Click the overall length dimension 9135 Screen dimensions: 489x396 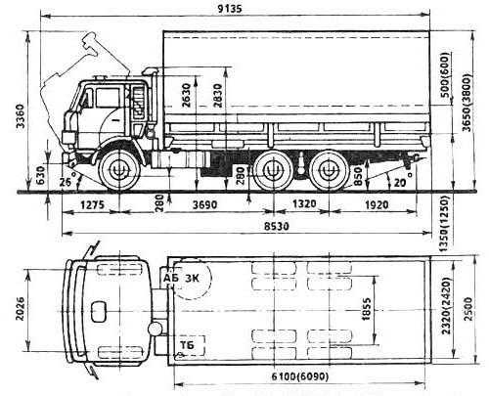(x=230, y=8)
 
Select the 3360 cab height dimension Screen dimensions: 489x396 (x=21, y=116)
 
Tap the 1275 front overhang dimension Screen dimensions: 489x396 (x=93, y=204)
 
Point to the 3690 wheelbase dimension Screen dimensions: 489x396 (x=204, y=204)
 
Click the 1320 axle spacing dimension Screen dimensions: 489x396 (x=304, y=203)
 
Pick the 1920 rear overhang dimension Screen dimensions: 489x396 (x=377, y=204)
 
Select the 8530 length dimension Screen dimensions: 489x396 (x=277, y=226)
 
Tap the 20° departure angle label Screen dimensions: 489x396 (x=403, y=180)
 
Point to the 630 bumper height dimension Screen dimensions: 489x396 (x=40, y=175)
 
